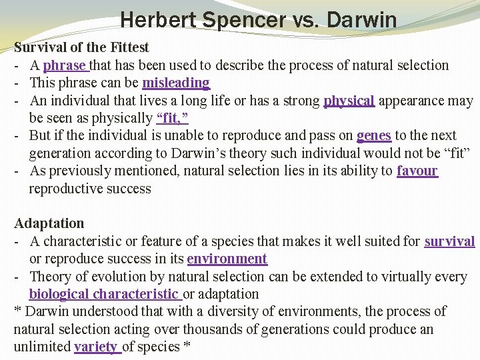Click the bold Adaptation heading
(49, 223)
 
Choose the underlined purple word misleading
(175, 83)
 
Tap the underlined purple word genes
(374, 135)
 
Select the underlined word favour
(417, 171)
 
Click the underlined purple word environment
(227, 259)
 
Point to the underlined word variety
(96, 347)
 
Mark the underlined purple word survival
(449, 241)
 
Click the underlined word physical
(349, 101)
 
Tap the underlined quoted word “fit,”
(172, 118)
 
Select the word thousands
(211, 329)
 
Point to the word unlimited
(41, 347)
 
